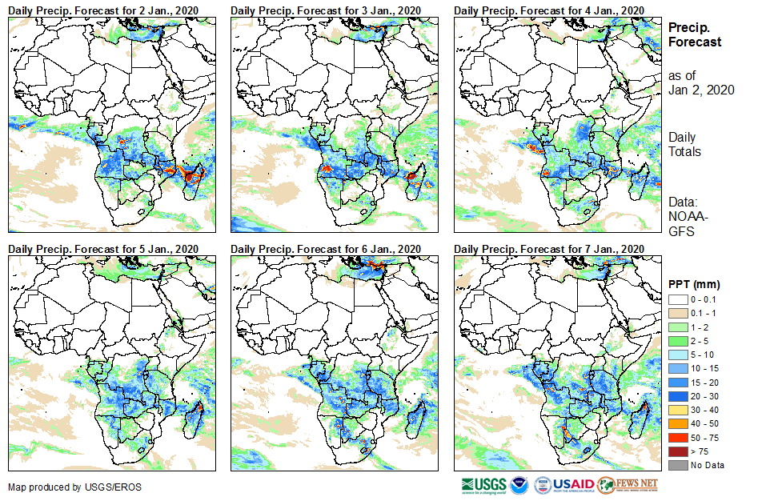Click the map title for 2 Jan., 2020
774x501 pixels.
pos(102,9)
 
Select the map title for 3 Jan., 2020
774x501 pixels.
pos(326,9)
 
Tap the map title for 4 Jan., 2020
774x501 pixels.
pos(549,9)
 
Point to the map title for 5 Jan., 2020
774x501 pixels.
pos(102,249)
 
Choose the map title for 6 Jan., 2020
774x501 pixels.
pos(326,249)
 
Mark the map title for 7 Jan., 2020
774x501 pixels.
pos(549,249)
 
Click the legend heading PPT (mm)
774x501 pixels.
pos(694,284)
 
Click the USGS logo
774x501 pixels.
pos(483,485)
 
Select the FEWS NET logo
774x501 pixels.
pos(628,485)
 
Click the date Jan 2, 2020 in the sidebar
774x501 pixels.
pos(701,90)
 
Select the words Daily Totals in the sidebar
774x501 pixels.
pos(685,144)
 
